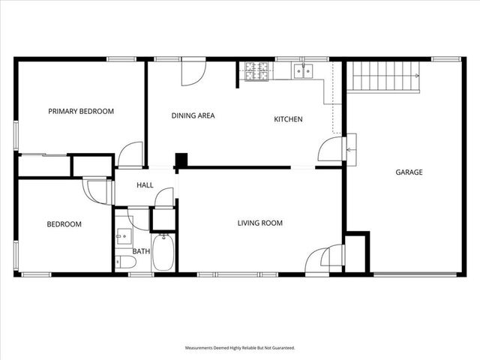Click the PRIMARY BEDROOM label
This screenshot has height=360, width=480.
[81, 112]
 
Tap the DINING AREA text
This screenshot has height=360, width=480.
[193, 115]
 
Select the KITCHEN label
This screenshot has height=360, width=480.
[288, 119]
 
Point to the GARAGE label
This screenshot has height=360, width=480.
[409, 172]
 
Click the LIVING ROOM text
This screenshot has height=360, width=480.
[259, 223]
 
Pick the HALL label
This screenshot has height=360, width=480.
[145, 186]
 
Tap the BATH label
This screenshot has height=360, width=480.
[141, 251]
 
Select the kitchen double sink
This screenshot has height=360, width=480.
[304, 71]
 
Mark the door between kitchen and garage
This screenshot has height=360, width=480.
[331, 148]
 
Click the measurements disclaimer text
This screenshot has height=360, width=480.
[240, 348]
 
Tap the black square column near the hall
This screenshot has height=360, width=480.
[181, 160]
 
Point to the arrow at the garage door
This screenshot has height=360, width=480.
[349, 149]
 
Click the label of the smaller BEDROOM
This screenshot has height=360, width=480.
[64, 224]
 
